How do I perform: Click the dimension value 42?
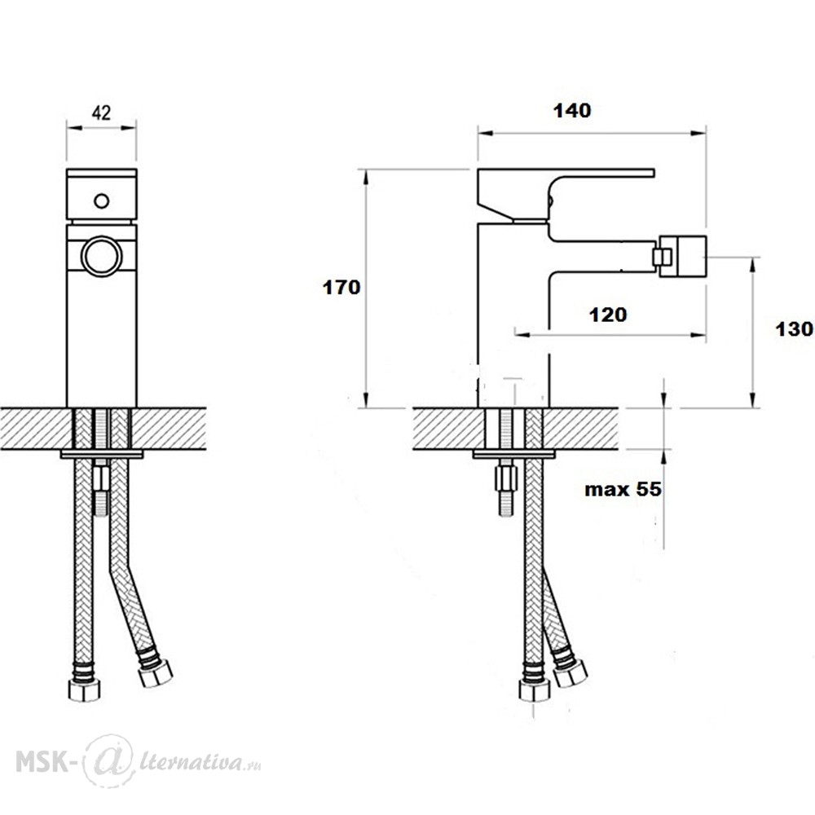pos(101,112)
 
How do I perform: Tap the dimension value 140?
pos(572,111)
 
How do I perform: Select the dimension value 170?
pos(341,288)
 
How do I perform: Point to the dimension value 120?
pos(608,315)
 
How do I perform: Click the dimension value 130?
pos(794,329)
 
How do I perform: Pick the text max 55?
pos(623,489)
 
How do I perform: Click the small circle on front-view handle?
pos(101,200)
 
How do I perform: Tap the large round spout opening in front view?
pos(102,256)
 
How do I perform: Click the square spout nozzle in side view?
pos(682,256)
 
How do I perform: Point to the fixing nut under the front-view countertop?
pos(102,477)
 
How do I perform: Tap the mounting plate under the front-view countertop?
pos(102,455)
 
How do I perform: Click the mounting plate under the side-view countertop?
pos(514,455)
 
